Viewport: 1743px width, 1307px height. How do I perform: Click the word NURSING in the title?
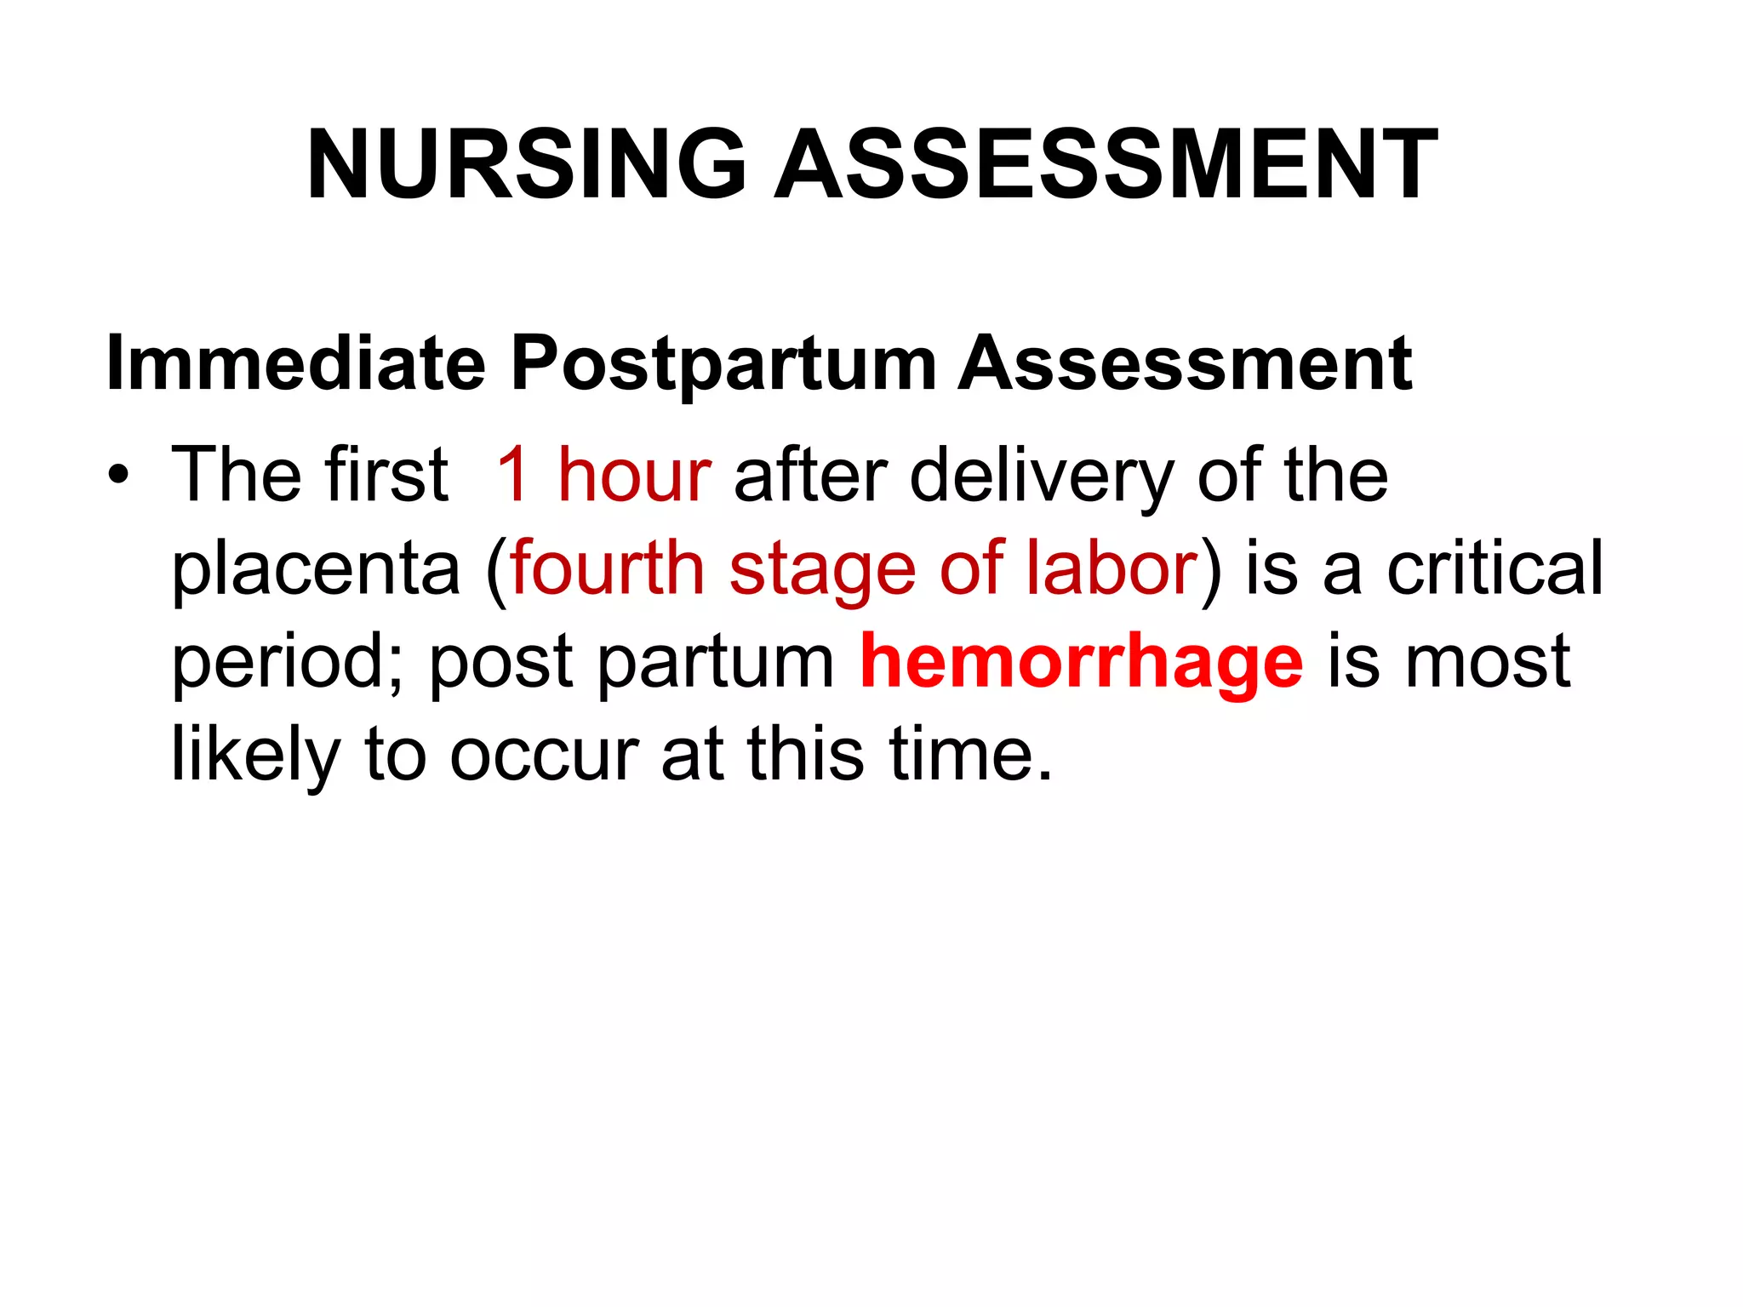[x=526, y=165]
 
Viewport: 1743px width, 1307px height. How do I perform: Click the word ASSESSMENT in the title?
[x=1106, y=165]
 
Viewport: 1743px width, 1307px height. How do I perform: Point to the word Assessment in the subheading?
[x=1185, y=363]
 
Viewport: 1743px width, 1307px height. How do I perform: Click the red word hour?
[x=634, y=475]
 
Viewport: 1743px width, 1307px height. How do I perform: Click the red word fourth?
[x=607, y=568]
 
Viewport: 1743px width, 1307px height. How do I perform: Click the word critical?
[x=1494, y=568]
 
